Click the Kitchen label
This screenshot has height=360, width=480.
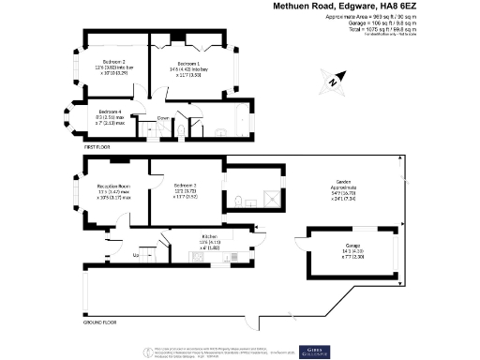pyautogui.click(x=209, y=236)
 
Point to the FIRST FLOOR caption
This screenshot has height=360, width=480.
pyautogui.click(x=97, y=148)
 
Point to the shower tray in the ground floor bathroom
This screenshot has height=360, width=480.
pyautogui.click(x=273, y=199)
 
